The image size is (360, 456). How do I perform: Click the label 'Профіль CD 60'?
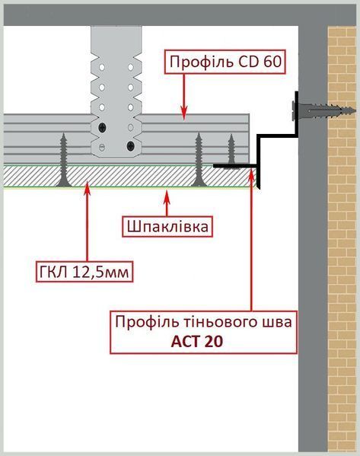pos(225,62)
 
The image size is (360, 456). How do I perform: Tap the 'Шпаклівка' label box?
pos(167,226)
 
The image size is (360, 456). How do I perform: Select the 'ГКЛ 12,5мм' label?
pos(84,272)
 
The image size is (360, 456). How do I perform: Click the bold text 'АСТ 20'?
pos(197,341)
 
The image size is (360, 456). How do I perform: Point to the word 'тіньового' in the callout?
pos(221,322)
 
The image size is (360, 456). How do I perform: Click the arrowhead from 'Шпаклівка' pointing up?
pos(167,196)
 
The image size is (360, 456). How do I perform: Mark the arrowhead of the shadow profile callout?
pos(251,174)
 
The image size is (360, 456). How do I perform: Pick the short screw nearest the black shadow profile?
pos(231,148)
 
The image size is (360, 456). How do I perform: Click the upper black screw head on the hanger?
pos(102,127)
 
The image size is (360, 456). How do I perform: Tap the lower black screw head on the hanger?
pos(131,145)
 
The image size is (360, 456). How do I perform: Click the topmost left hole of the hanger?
pos(102,67)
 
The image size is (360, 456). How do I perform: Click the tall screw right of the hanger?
pos(199,159)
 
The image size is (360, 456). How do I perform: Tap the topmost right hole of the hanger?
pos(131,67)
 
